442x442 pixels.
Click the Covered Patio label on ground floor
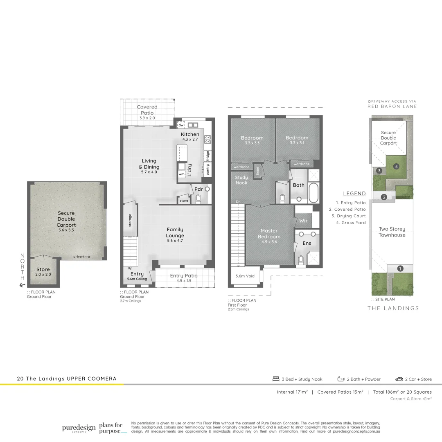point(147,110)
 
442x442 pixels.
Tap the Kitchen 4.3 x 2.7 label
point(190,136)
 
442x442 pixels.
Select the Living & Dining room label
point(149,164)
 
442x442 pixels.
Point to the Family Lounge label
point(175,232)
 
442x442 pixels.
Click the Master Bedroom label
point(269,234)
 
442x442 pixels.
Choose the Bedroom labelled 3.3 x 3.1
point(297,140)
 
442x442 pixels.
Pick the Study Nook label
point(241,180)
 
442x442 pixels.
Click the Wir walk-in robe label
point(303,221)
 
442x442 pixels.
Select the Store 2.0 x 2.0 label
point(43,272)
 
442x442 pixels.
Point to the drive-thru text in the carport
point(81,257)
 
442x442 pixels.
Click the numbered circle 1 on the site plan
point(400,268)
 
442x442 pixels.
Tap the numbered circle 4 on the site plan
point(396,167)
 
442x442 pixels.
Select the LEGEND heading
point(354,194)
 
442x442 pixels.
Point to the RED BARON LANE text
point(392,106)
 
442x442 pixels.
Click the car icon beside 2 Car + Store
point(399,379)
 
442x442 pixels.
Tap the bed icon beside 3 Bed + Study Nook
point(276,379)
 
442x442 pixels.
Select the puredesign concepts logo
point(79,428)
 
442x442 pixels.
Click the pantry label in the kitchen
point(208,170)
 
